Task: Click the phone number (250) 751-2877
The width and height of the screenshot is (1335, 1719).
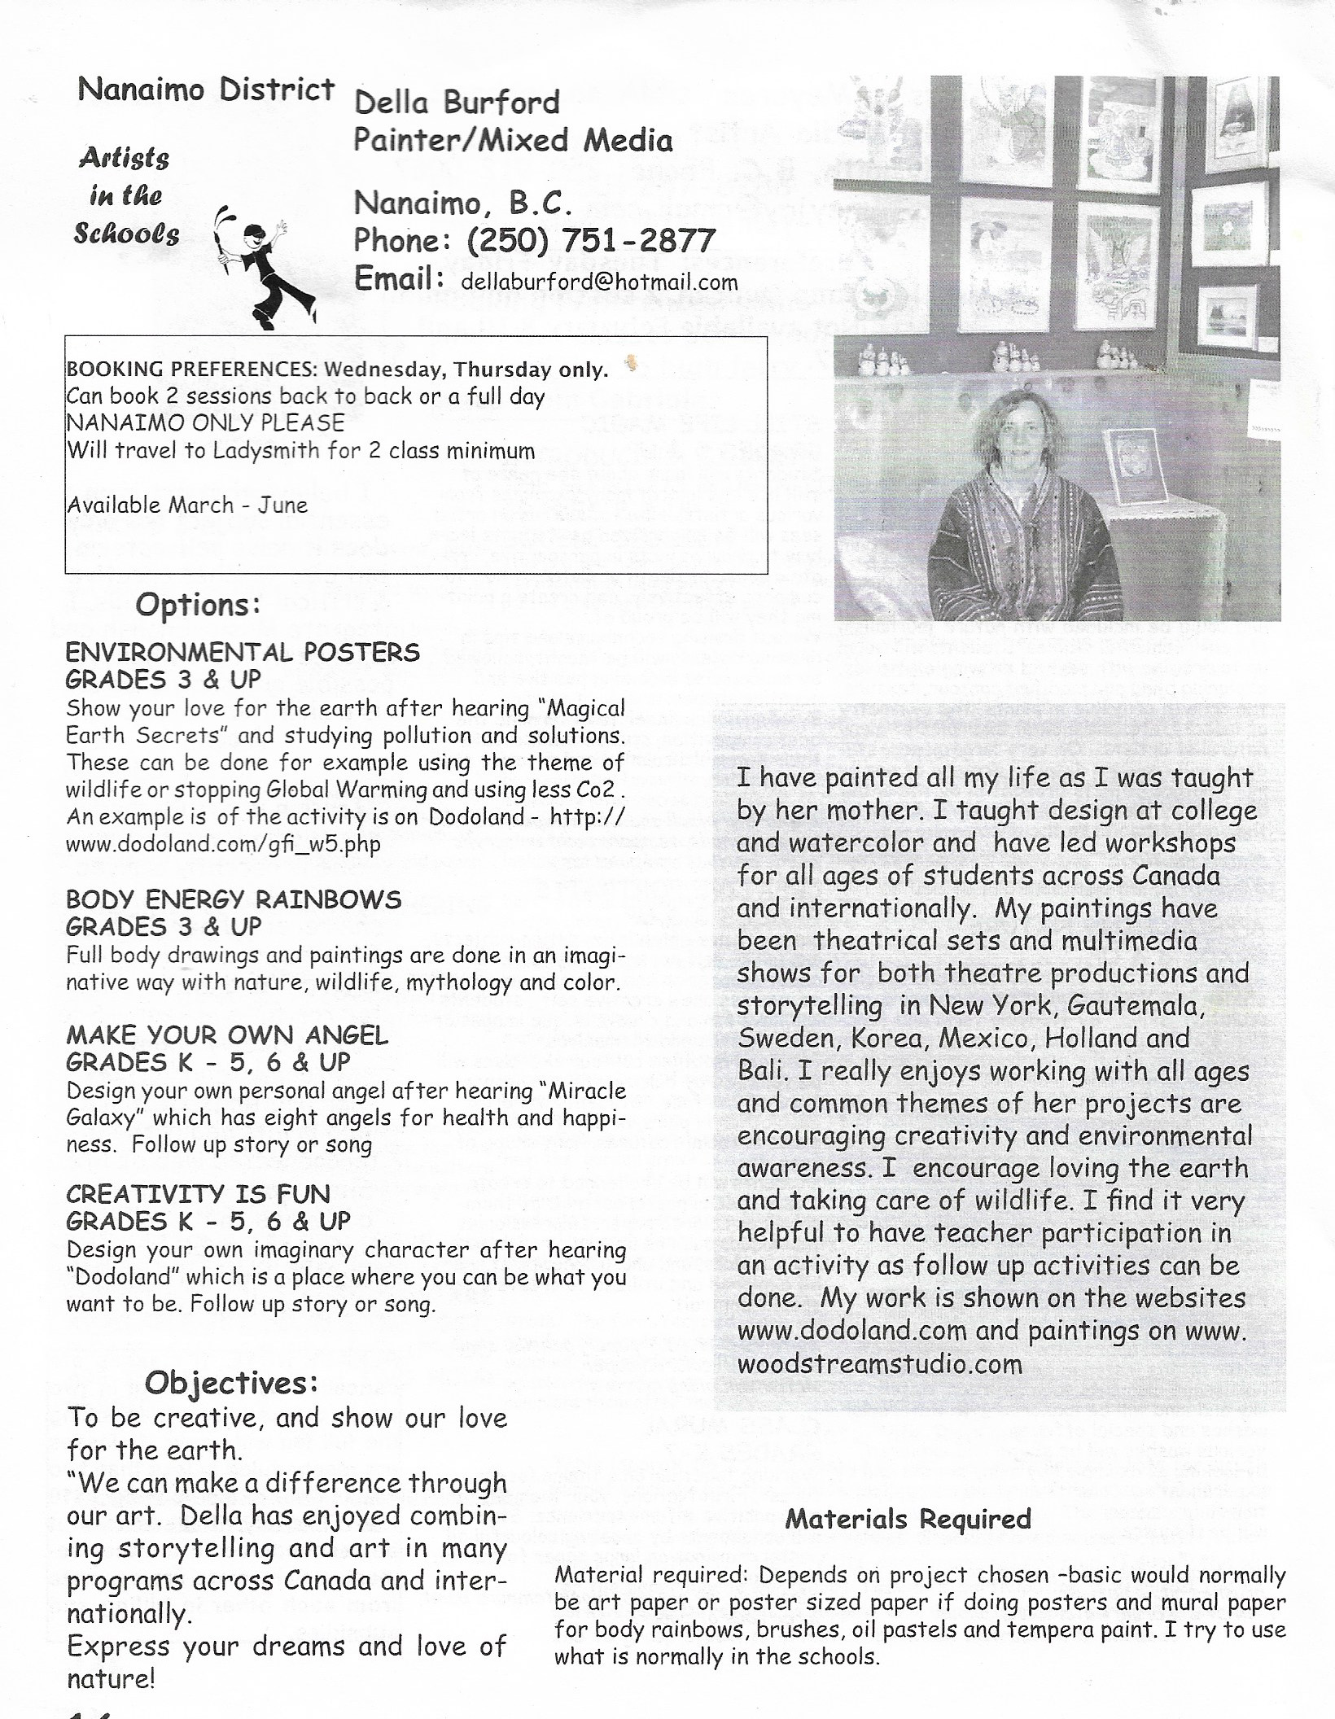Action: [x=591, y=241]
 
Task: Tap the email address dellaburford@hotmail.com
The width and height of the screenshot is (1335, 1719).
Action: [x=599, y=282]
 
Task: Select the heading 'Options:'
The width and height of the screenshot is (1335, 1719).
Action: [x=198, y=606]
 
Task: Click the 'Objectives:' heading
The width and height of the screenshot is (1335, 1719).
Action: [x=231, y=1382]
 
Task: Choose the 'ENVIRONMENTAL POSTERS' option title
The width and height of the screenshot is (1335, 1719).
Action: [x=243, y=652]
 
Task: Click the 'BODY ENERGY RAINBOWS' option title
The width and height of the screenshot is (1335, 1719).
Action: [x=234, y=899]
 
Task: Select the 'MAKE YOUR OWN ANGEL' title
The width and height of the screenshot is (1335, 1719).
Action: [x=227, y=1035]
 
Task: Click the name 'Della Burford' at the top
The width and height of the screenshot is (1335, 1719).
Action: [x=457, y=103]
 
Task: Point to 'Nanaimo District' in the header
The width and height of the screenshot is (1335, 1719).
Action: [x=206, y=90]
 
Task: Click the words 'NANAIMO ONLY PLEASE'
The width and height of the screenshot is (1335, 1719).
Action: [x=206, y=423]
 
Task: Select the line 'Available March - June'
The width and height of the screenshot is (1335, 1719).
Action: [x=187, y=505]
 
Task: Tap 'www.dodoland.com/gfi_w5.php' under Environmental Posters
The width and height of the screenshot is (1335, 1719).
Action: [x=223, y=844]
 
